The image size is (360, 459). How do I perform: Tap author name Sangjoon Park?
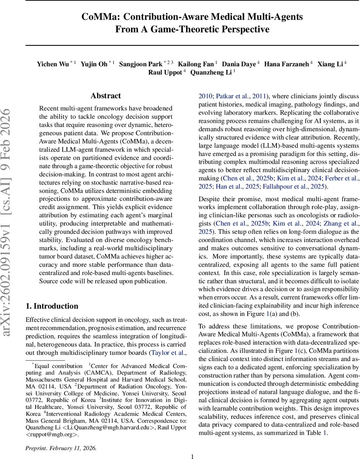(x=141, y=64)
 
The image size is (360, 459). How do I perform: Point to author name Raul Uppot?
(x=165, y=72)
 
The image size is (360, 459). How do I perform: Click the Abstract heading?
(x=106, y=96)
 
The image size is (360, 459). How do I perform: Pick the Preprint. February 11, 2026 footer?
(x=61, y=448)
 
